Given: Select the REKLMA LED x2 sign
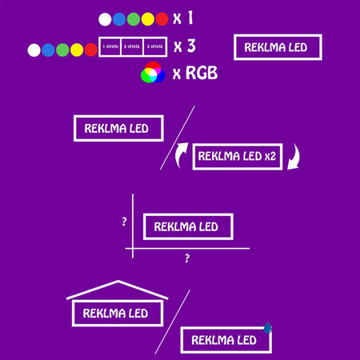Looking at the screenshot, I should (x=235, y=156).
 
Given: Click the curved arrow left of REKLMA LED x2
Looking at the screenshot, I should (x=182, y=154).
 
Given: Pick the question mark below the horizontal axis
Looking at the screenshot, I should (x=187, y=259).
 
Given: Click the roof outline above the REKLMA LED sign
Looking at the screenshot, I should (x=118, y=290).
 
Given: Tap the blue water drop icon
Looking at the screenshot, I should (x=268, y=327).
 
